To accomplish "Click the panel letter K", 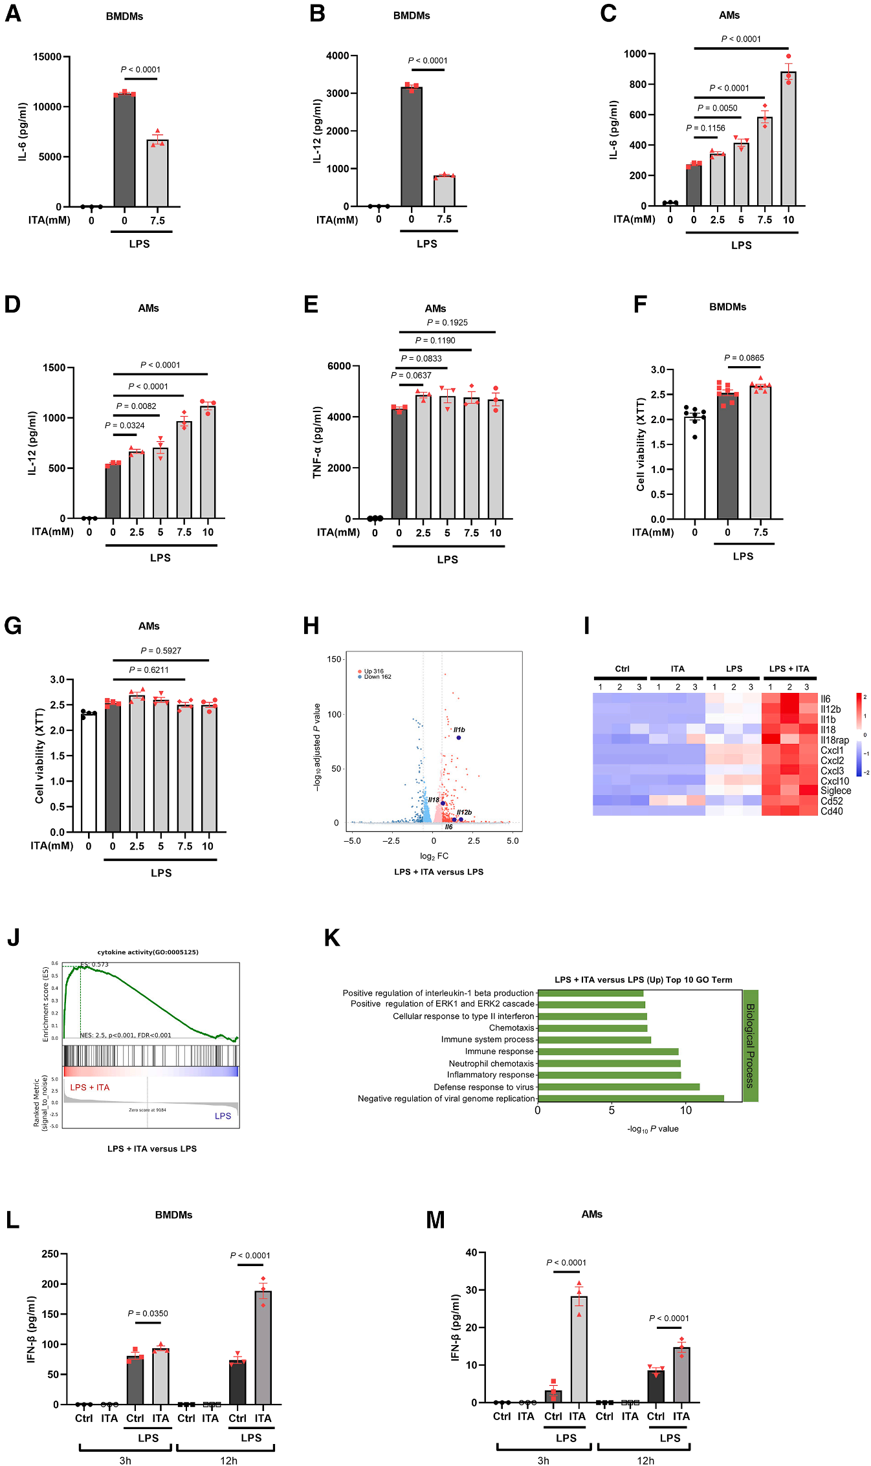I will pyautogui.click(x=331, y=938).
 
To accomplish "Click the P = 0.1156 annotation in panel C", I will pyautogui.click(x=705, y=128).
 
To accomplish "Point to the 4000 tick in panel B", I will pyautogui.click(x=337, y=56).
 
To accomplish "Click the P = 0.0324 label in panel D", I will pyautogui.click(x=124, y=425).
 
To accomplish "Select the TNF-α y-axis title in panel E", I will pyautogui.click(x=317, y=443).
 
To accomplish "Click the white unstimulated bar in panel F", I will pyautogui.click(x=694, y=468).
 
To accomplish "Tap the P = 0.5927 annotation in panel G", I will pyautogui.click(x=160, y=650).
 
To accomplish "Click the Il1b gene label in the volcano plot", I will pyautogui.click(x=459, y=730).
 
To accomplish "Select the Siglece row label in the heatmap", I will pyautogui.click(x=835, y=791).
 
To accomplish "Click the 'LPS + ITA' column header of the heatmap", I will pyautogui.click(x=789, y=669).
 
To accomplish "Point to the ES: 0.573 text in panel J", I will pyautogui.click(x=94, y=965).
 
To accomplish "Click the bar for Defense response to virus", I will pyautogui.click(x=618, y=1087).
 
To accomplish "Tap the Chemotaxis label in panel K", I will pyautogui.click(x=511, y=1027).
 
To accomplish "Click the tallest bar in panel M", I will pyautogui.click(x=579, y=1349).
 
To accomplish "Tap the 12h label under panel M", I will pyautogui.click(x=645, y=1460).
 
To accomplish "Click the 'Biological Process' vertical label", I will pyautogui.click(x=750, y=1045).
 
